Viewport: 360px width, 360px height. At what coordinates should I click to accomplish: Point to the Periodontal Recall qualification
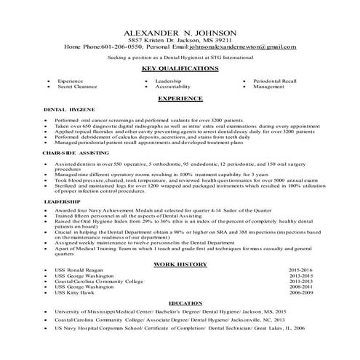click(x=276, y=80)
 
